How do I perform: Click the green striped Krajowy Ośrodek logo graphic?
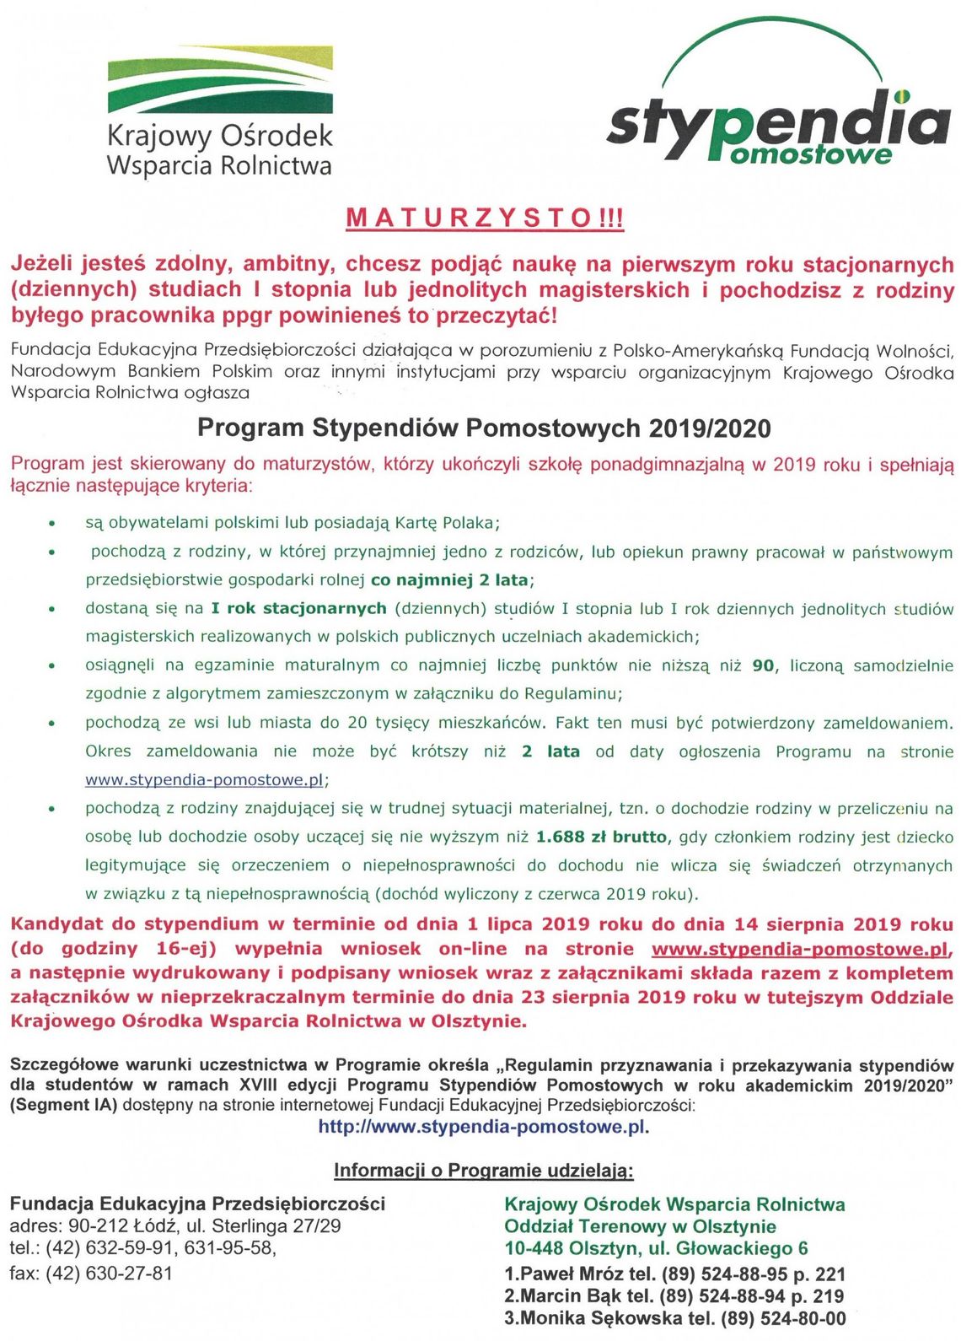pos(220,80)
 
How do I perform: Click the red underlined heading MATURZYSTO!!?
pos(485,218)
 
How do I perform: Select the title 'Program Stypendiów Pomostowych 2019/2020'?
pos(484,428)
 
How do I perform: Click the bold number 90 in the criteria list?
pos(763,665)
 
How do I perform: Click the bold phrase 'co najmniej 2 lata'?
pos(450,580)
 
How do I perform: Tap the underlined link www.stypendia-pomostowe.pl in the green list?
pos(205,780)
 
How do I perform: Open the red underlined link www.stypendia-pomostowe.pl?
pos(800,949)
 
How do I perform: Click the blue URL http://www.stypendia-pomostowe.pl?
pos(483,1127)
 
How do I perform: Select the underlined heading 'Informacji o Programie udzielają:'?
pos(483,1171)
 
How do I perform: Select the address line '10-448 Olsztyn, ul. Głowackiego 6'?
pos(656,1248)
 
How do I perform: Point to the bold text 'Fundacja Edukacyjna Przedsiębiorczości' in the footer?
pos(197,1204)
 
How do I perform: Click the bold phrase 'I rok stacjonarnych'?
pos(298,609)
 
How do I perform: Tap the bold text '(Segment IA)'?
pos(63,1105)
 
